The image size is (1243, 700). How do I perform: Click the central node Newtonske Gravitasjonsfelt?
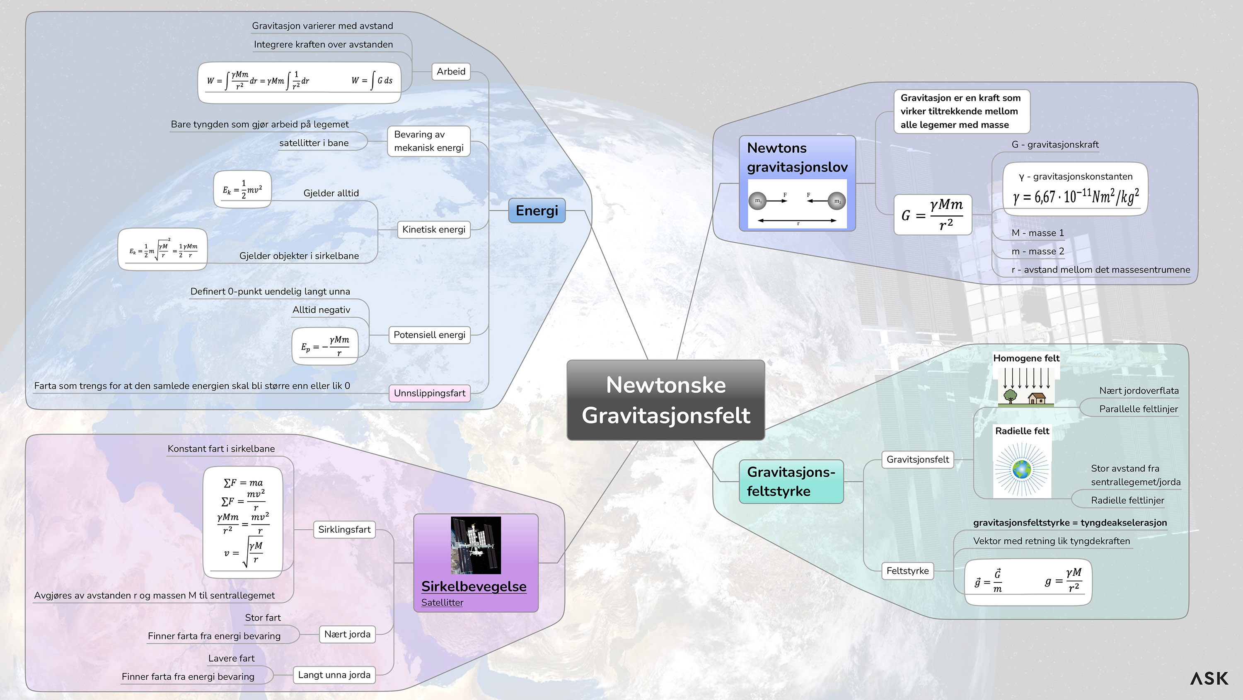pyautogui.click(x=665, y=400)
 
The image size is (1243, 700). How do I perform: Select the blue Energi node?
pyautogui.click(x=537, y=210)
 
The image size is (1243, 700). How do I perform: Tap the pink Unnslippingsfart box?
pyautogui.click(x=429, y=393)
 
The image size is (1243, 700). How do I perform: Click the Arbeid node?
pyautogui.click(x=451, y=71)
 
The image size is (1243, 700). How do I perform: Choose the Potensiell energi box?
pyautogui.click(x=429, y=335)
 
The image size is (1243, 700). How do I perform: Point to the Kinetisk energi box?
pyautogui.click(x=433, y=229)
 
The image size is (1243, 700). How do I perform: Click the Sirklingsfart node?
pyautogui.click(x=344, y=529)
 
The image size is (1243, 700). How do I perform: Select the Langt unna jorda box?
pyautogui.click(x=334, y=674)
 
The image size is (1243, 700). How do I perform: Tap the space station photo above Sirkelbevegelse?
pyautogui.click(x=475, y=545)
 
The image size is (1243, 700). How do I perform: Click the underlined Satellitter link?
pyautogui.click(x=442, y=602)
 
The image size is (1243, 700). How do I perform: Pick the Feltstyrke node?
pyautogui.click(x=907, y=571)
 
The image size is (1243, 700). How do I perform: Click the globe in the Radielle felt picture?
pyautogui.click(x=1021, y=469)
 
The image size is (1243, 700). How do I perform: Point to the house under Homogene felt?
pyautogui.click(x=1037, y=398)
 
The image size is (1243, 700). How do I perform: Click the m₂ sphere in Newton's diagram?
pyautogui.click(x=837, y=201)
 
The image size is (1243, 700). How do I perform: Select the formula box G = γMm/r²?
pyautogui.click(x=932, y=215)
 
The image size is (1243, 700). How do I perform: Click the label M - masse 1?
pyautogui.click(x=1037, y=233)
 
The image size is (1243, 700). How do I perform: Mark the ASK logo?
pyautogui.click(x=1209, y=678)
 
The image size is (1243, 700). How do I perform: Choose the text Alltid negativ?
pyautogui.click(x=322, y=310)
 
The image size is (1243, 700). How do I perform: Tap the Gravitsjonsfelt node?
pyautogui.click(x=917, y=459)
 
